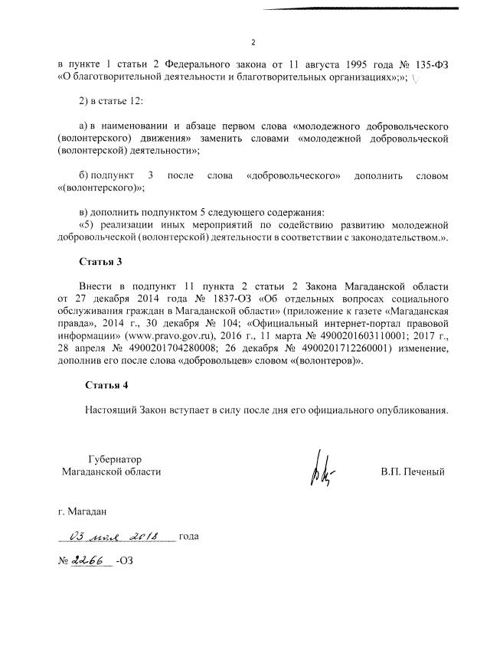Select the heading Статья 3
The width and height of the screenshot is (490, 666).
(101, 262)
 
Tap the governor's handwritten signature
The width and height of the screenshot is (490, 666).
(320, 470)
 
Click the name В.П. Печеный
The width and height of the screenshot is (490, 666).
(413, 472)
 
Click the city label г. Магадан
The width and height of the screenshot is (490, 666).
(83, 508)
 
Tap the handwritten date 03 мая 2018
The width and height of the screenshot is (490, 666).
(121, 535)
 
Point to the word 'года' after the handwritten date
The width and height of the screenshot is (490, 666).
(188, 536)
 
